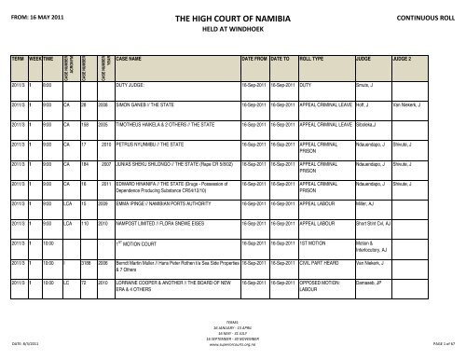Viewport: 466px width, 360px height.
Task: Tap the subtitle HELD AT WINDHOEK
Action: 232,29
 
